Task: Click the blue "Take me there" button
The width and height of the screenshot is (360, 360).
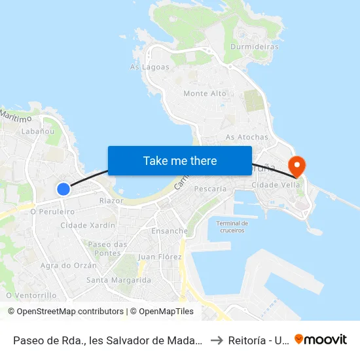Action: pos(180,160)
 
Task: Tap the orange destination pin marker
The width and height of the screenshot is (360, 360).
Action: pos(297,166)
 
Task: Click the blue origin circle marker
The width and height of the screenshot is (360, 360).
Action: pos(63,189)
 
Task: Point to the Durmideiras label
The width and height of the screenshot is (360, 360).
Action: pos(255,47)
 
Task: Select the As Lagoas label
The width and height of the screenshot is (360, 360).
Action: pos(150,67)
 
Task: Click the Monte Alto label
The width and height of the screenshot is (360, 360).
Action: pos(205,94)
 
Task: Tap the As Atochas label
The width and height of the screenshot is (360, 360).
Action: pos(247,137)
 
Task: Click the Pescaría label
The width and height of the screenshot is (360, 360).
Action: pos(211,189)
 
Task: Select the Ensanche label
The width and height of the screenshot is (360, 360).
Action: pos(170,231)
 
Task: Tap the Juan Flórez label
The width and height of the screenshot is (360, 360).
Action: pos(160,257)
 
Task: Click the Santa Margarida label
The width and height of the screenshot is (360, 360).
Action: pos(118,280)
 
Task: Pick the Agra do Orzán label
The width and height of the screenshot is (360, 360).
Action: pos(69,266)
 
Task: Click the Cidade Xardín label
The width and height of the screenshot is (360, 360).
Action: pos(88,225)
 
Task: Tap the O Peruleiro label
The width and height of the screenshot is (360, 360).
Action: pos(52,212)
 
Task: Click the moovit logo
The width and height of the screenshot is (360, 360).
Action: pos(320,339)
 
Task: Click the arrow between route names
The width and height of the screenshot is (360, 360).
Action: pos(216,340)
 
